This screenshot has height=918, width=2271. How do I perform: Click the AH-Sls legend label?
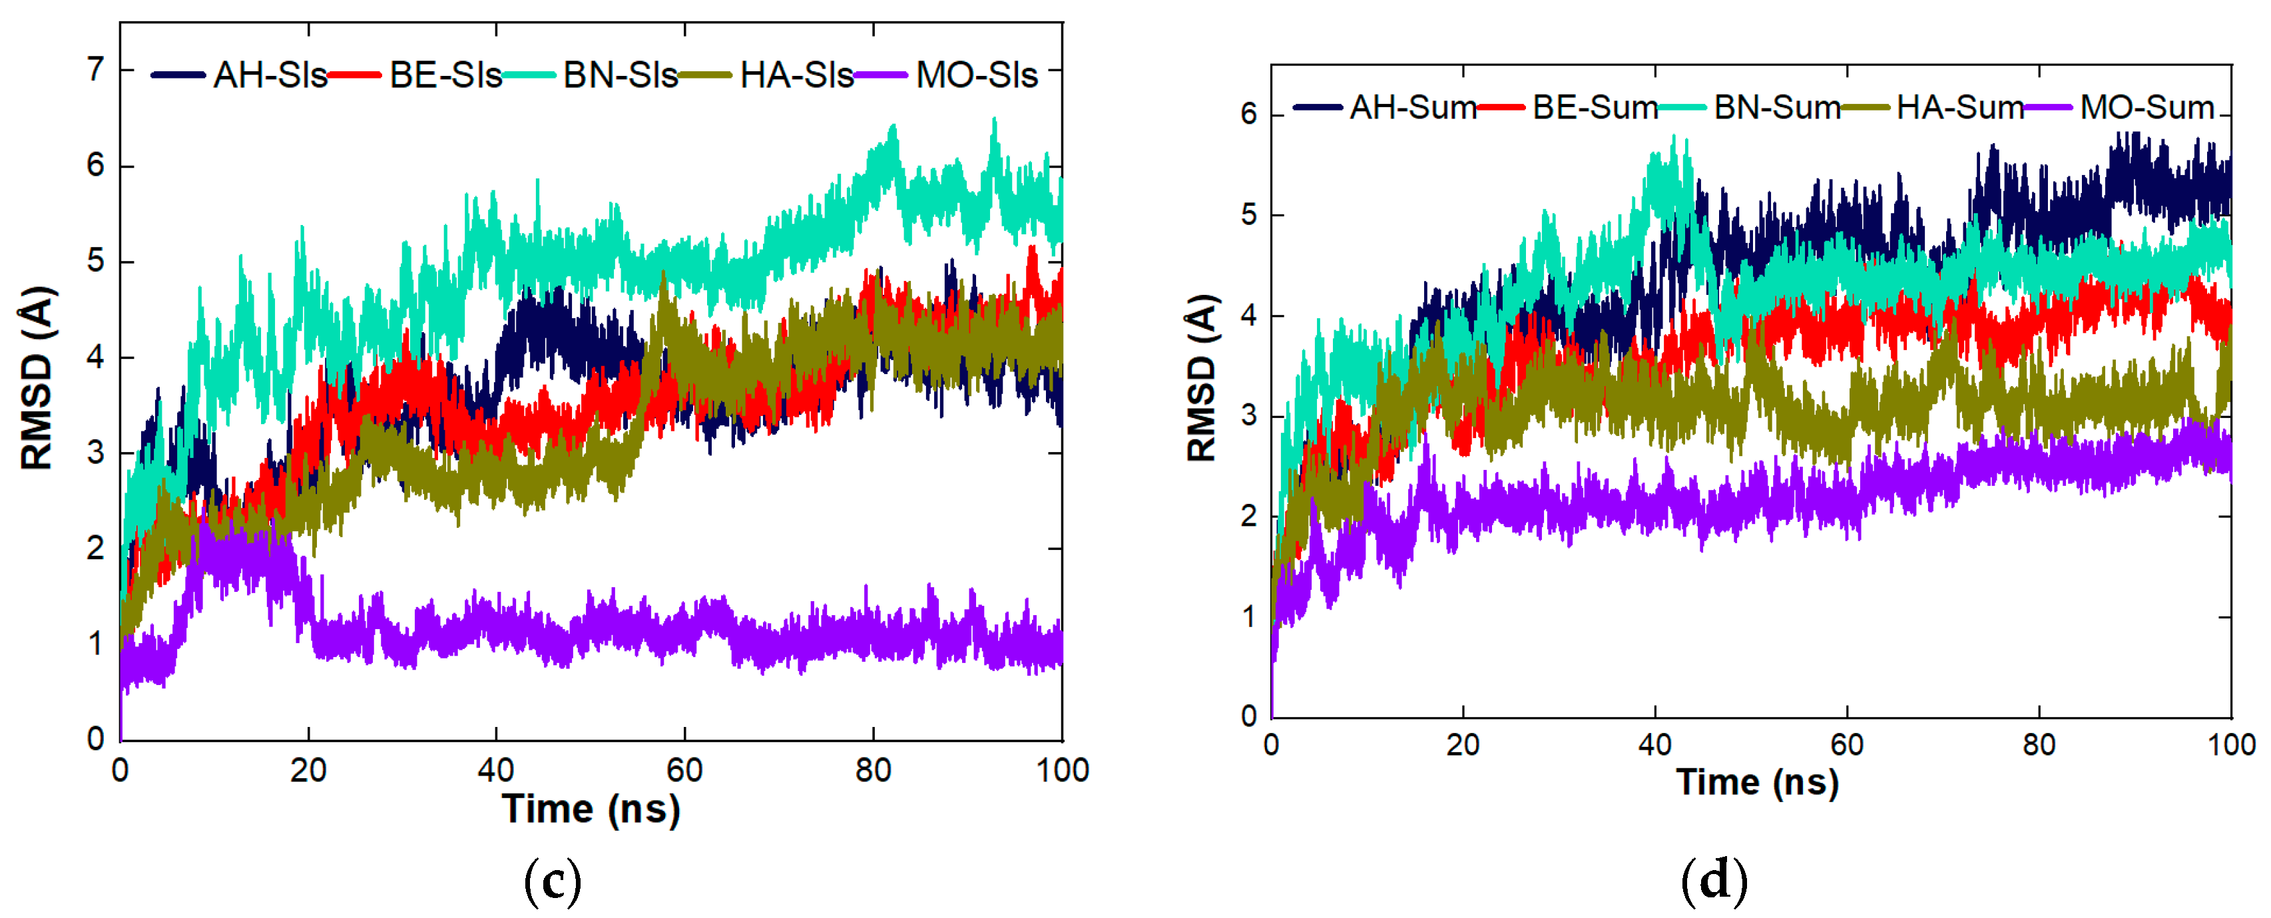pyautogui.click(x=269, y=75)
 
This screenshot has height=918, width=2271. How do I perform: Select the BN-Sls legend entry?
pyautogui.click(x=620, y=75)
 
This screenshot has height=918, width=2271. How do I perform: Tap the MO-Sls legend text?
pyautogui.click(x=976, y=75)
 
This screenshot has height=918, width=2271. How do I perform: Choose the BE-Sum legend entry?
pyautogui.click(x=1595, y=108)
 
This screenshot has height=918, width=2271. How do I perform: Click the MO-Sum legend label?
pyautogui.click(x=2146, y=108)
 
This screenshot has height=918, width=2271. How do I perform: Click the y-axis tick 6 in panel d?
pyautogui.click(x=1248, y=114)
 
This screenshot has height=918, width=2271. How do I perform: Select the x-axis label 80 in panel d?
pyautogui.click(x=2038, y=745)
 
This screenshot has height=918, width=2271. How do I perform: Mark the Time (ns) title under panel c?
pyautogui.click(x=591, y=809)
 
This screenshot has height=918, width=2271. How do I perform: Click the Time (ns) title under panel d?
pyautogui.click(x=1757, y=782)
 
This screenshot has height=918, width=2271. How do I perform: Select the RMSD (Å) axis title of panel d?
pyautogui.click(x=1202, y=377)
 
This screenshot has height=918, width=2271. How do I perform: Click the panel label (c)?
pyautogui.click(x=553, y=881)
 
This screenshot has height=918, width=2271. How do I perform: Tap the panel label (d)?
pyautogui.click(x=1714, y=881)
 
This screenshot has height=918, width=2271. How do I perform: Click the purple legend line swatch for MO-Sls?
pyautogui.click(x=881, y=75)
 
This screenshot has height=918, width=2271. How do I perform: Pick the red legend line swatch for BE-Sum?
pyautogui.click(x=1501, y=108)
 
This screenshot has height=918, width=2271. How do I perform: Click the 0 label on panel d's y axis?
pyautogui.click(x=1248, y=716)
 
